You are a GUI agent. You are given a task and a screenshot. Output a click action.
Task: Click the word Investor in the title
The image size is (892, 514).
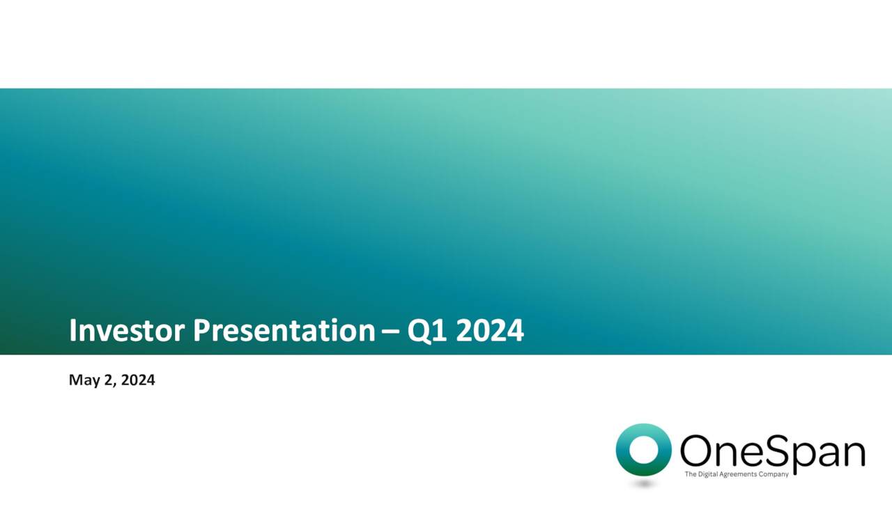127,331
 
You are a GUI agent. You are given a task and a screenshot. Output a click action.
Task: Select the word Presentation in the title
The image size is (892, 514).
284,331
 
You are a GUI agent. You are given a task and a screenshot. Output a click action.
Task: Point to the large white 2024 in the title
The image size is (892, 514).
489,331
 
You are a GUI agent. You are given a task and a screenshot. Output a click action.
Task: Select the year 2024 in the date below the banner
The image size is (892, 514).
138,380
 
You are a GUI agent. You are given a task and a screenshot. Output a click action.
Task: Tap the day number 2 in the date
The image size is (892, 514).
107,380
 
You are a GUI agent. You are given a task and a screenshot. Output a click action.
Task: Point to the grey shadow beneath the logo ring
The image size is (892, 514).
643,483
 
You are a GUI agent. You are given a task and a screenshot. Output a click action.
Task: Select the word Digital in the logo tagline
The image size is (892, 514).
708,474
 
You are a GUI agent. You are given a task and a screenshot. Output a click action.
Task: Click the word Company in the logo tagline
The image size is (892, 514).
774,474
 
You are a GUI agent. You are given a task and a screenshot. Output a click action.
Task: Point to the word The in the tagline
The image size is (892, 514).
691,474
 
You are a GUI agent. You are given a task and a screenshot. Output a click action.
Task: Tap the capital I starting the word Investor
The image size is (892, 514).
73,331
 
